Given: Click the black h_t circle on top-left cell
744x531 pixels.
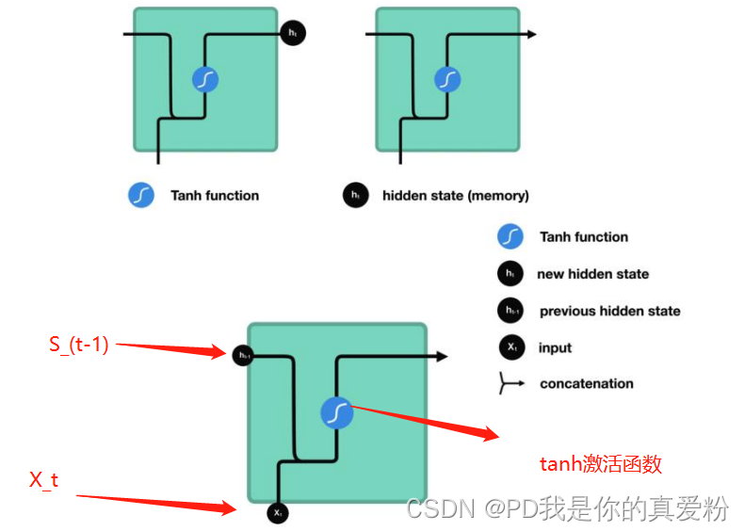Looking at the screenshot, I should click(x=292, y=33).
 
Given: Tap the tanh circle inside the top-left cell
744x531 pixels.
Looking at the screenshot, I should click(x=204, y=80).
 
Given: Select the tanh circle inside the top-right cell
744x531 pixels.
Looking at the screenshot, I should click(x=446, y=80).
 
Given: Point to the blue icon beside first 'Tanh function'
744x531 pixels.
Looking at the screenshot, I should click(x=141, y=196).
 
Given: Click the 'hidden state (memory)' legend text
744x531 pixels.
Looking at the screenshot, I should click(x=455, y=196).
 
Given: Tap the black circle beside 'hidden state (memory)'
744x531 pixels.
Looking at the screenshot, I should click(x=355, y=196).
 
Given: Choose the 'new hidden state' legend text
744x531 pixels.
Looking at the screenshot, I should click(x=592, y=274).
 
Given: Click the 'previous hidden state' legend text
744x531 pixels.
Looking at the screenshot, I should click(x=609, y=311).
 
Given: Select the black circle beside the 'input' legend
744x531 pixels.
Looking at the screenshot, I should click(x=510, y=347).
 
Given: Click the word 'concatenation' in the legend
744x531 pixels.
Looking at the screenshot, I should click(x=586, y=383).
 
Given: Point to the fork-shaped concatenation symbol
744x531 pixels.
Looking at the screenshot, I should click(x=510, y=384).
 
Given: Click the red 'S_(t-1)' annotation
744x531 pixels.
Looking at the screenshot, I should click(x=79, y=345).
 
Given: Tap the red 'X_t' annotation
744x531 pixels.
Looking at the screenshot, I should click(x=43, y=480).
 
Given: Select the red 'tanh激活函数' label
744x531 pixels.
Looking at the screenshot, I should click(x=600, y=463).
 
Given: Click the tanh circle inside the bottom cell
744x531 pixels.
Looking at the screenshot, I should click(x=336, y=411).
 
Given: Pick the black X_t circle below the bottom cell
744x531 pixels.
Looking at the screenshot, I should click(x=278, y=513).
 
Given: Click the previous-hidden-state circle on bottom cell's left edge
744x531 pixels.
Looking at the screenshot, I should click(x=244, y=355).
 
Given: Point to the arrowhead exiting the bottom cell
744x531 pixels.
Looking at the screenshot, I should click(x=442, y=356).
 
